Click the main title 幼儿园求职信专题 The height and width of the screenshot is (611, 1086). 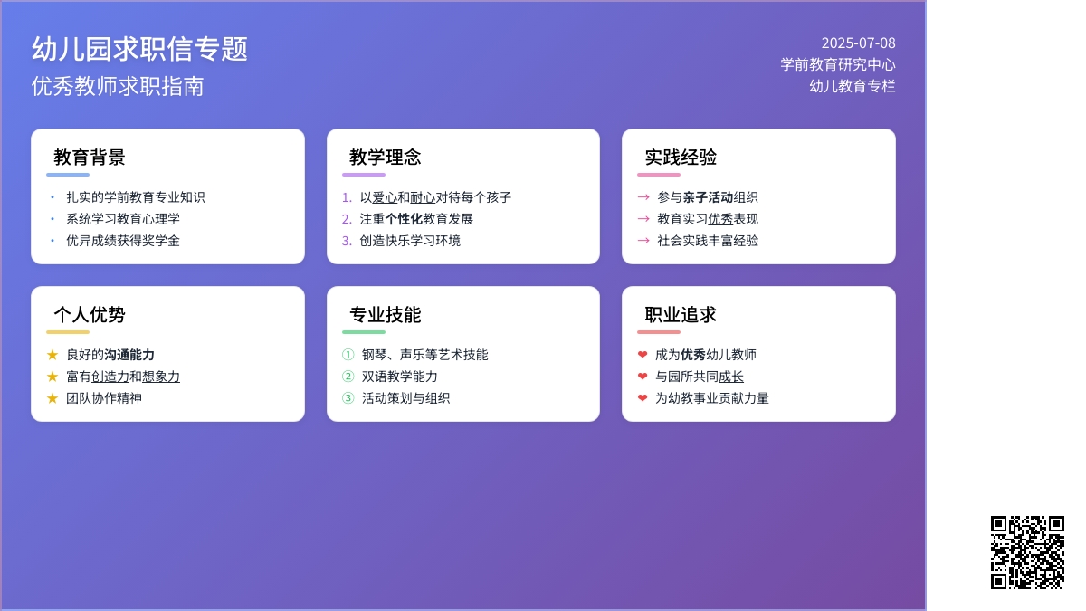pyautogui.click(x=139, y=49)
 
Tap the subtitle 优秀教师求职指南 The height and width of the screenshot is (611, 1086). pyautogui.click(x=118, y=86)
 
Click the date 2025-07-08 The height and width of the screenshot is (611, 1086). pyautogui.click(x=858, y=43)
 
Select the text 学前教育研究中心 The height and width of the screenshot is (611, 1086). pyautogui.click(x=838, y=64)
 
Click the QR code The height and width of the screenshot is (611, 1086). pyautogui.click(x=1027, y=552)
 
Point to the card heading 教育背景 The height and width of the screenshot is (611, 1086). pyautogui.click(x=90, y=158)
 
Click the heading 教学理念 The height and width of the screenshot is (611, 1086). pyautogui.click(x=385, y=158)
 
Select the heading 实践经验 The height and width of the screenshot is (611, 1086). pyautogui.click(x=681, y=158)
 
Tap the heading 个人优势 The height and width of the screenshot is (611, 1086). pyautogui.click(x=90, y=315)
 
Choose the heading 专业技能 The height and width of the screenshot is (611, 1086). pyautogui.click(x=385, y=315)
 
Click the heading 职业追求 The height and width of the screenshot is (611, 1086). pyautogui.click(x=681, y=315)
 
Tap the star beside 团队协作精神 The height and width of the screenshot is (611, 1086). pyautogui.click(x=52, y=398)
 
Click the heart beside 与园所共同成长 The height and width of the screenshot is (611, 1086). pyautogui.click(x=643, y=377)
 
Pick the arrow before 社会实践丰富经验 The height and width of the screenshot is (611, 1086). pyautogui.click(x=643, y=241)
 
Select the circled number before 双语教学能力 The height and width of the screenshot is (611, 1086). pyautogui.click(x=348, y=377)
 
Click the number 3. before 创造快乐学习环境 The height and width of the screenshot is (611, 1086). pyautogui.click(x=347, y=241)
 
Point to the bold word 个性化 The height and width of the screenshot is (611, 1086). pyautogui.click(x=404, y=219)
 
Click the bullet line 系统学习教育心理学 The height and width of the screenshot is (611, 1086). pyautogui.click(x=123, y=219)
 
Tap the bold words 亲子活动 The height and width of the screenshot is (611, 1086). pyautogui.click(x=708, y=197)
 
